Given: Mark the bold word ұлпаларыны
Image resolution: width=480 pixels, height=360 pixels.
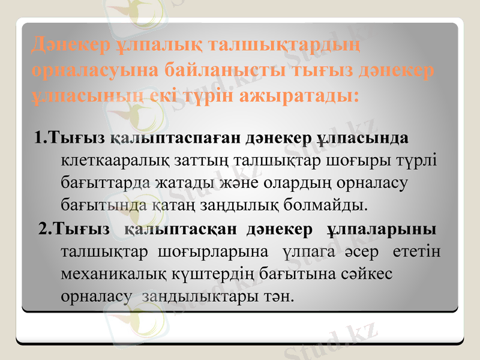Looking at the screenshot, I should click(x=382, y=229).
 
